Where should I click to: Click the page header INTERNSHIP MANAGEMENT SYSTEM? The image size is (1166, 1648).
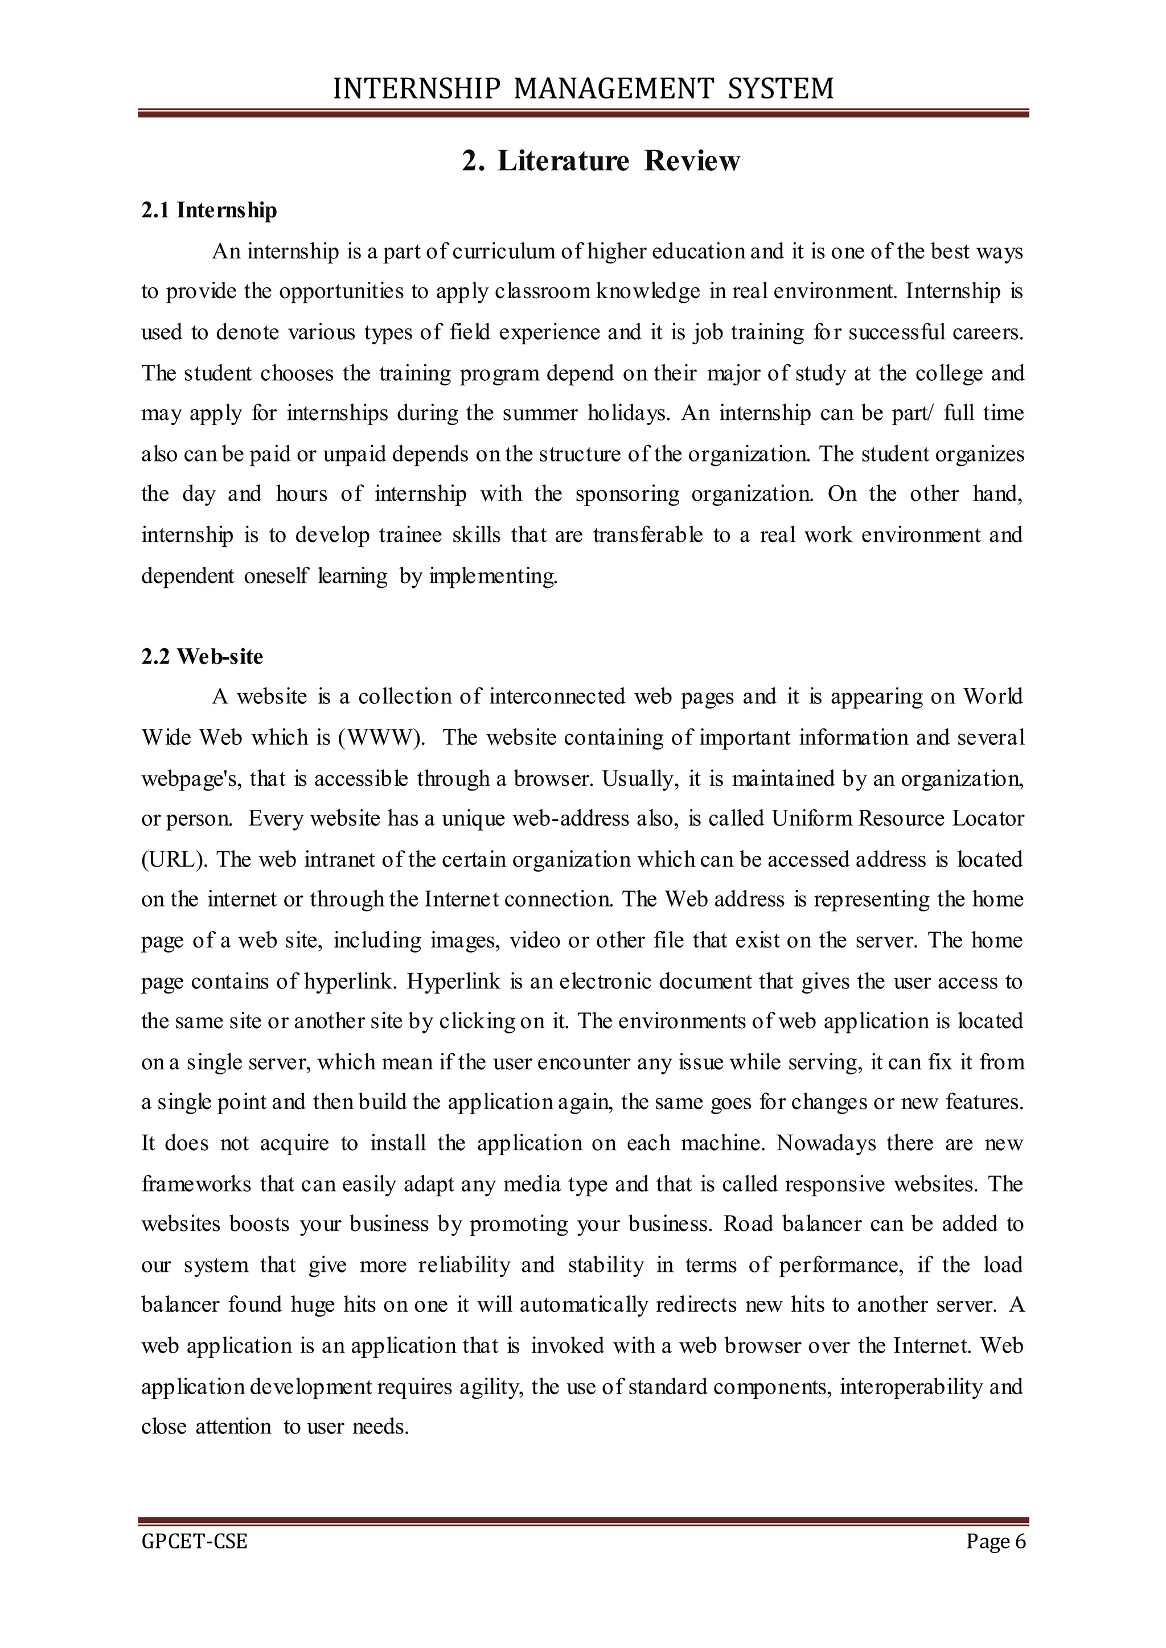[x=583, y=88]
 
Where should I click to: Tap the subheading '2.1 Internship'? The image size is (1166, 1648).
[x=209, y=211]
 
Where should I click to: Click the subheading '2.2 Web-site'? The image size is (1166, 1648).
[x=203, y=657]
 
